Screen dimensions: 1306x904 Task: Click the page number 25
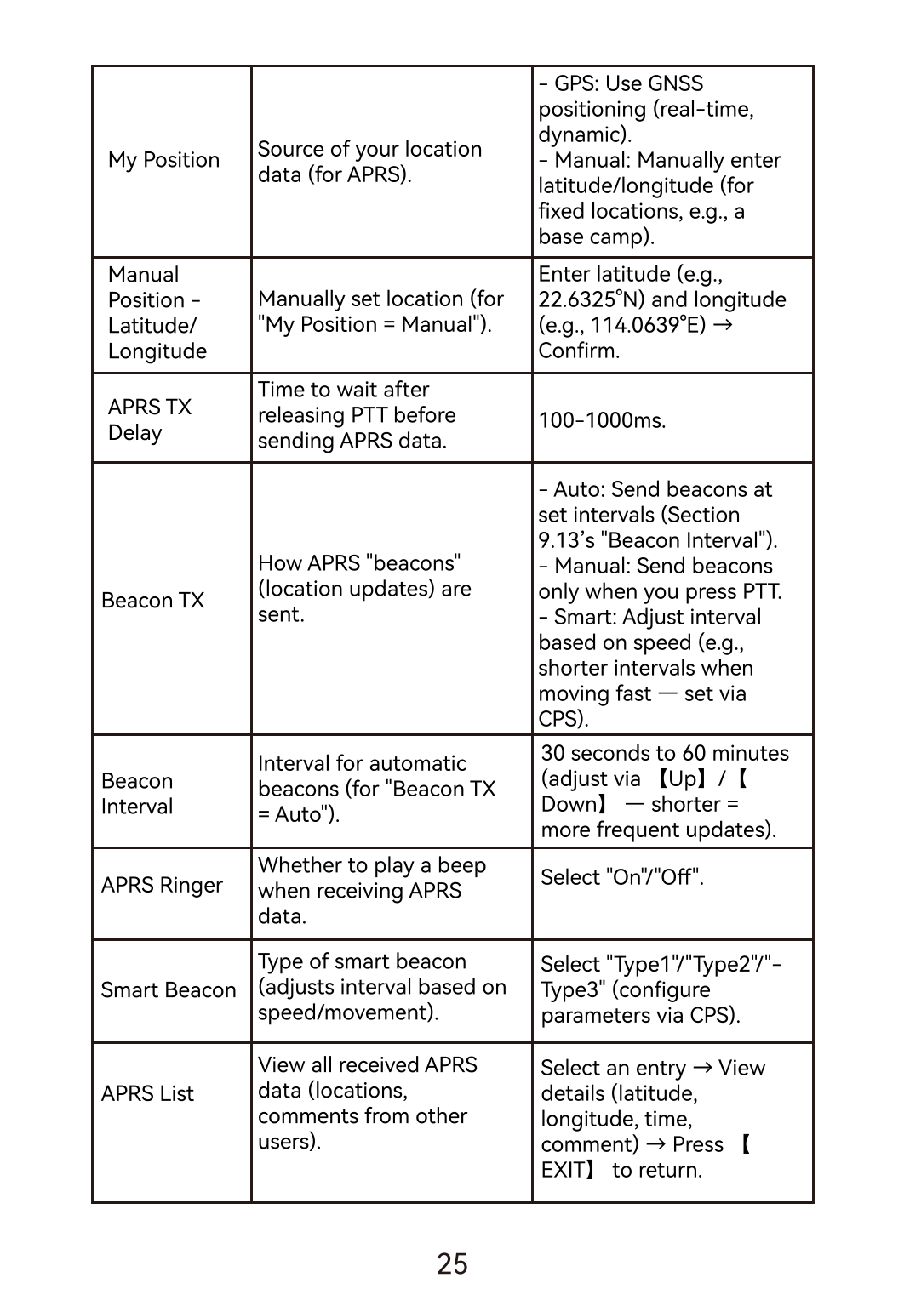(x=452, y=1263)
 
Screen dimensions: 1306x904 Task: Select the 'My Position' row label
(x=163, y=160)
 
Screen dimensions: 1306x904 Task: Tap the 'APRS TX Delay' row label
(x=149, y=419)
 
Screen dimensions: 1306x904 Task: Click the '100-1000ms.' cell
(x=602, y=420)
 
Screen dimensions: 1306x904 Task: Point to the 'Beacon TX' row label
(x=152, y=601)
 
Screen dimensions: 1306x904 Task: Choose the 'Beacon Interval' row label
(x=137, y=793)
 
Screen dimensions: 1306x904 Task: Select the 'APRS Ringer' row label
(x=162, y=885)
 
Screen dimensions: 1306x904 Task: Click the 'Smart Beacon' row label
(x=168, y=990)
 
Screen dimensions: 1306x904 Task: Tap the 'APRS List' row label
(x=147, y=1093)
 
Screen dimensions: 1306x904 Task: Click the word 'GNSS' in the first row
(x=675, y=83)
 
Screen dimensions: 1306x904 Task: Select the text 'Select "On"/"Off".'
(x=622, y=877)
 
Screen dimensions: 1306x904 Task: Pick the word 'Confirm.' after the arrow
(x=579, y=351)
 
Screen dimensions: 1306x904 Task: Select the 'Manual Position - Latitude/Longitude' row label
(x=157, y=313)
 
